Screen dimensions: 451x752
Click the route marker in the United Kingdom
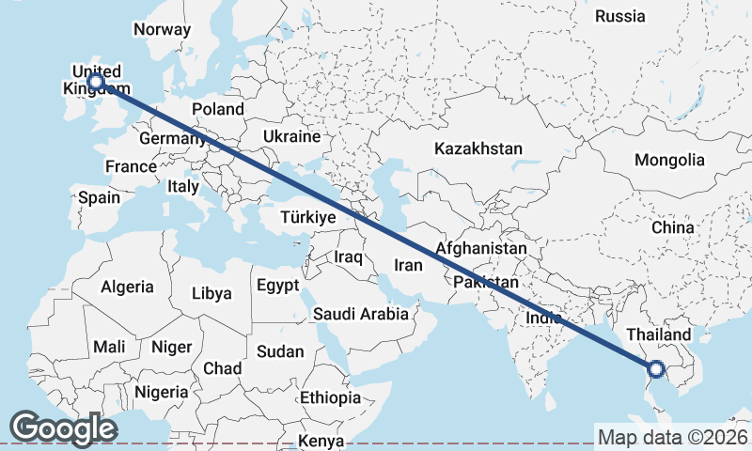click(x=95, y=82)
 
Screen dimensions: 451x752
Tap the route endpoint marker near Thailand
click(x=656, y=369)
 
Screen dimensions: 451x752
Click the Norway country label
click(x=162, y=29)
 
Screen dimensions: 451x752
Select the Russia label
click(x=620, y=16)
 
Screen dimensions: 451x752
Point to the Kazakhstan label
click(x=478, y=148)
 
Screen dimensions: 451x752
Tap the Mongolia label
click(x=669, y=160)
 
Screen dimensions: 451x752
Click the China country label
click(x=672, y=227)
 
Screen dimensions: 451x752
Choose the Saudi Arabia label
click(x=361, y=314)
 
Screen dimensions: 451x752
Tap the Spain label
click(x=99, y=197)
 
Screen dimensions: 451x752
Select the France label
click(x=131, y=166)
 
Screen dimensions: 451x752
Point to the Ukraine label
click(x=291, y=136)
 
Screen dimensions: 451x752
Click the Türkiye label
click(x=308, y=218)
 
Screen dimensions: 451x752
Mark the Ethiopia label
click(x=330, y=397)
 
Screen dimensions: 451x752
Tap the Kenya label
click(x=321, y=441)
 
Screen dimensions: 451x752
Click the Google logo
click(x=63, y=428)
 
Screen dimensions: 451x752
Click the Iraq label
click(x=349, y=256)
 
